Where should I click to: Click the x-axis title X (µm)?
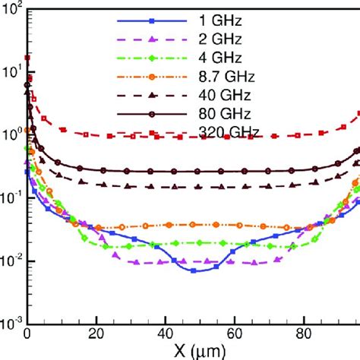click(181, 351)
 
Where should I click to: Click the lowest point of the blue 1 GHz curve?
click(193, 270)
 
